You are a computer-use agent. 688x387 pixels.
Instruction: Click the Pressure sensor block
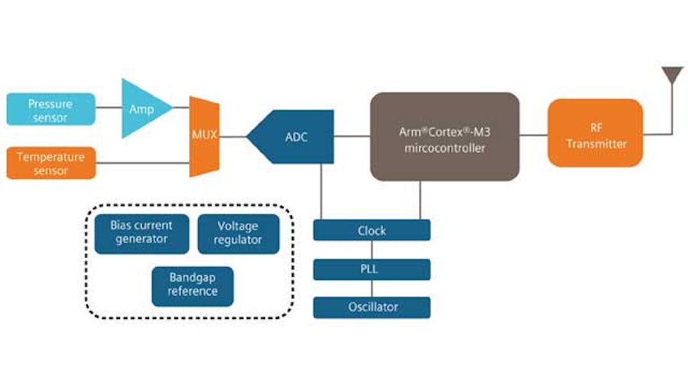pos(50,109)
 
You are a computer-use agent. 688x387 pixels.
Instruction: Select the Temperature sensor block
pos(50,162)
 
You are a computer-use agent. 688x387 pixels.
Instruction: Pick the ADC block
pos(294,137)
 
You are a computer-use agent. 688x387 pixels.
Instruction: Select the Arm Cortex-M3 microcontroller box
pos(445,137)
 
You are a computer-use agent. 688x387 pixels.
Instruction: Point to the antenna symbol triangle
pos(672,75)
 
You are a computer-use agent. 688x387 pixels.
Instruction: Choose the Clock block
pos(372,230)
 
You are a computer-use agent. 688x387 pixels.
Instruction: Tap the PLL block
pos(372,269)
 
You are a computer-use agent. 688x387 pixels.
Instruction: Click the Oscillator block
pos(372,307)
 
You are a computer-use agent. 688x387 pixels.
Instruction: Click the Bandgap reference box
pos(193,285)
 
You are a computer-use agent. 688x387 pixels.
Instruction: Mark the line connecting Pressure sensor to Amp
pos(109,109)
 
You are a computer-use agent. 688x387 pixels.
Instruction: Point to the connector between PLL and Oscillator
pos(372,288)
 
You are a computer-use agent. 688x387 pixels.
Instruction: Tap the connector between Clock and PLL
pos(372,250)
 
